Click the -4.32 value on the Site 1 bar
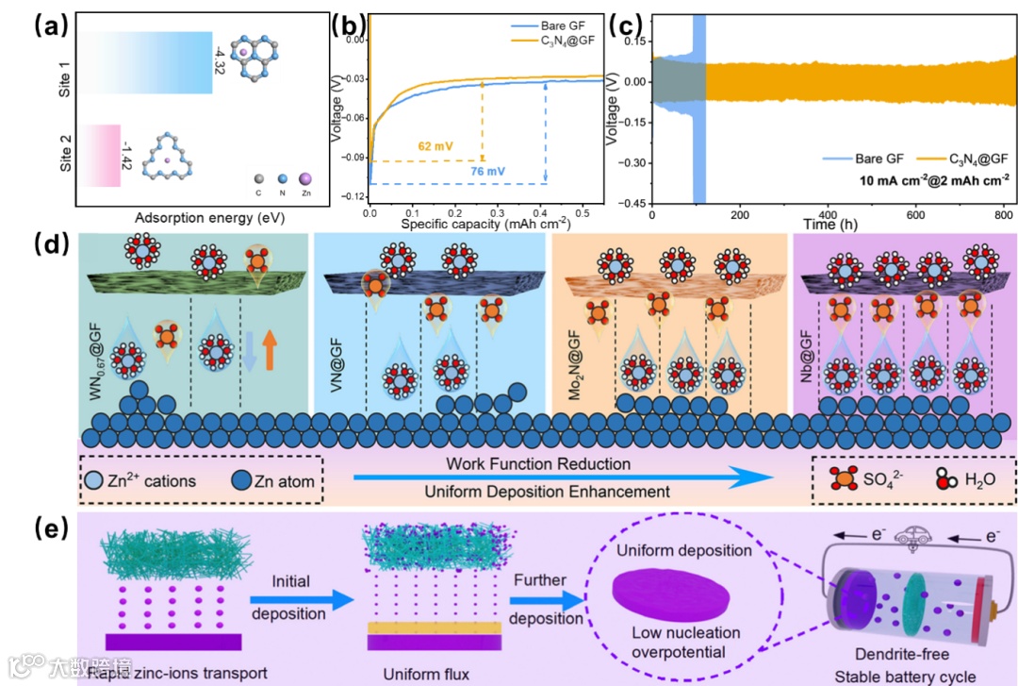(x=220, y=61)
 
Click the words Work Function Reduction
(x=538, y=464)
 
